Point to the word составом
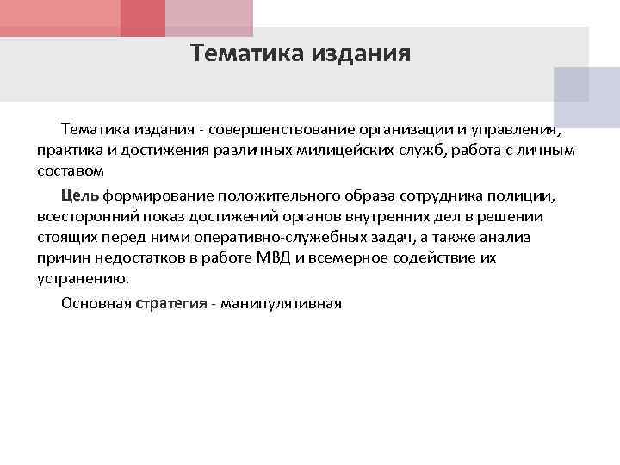click(71, 172)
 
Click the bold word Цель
click(80, 195)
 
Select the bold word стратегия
click(170, 303)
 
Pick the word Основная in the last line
click(96, 303)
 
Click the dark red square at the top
click(142, 17)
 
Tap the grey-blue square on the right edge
click(586, 97)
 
